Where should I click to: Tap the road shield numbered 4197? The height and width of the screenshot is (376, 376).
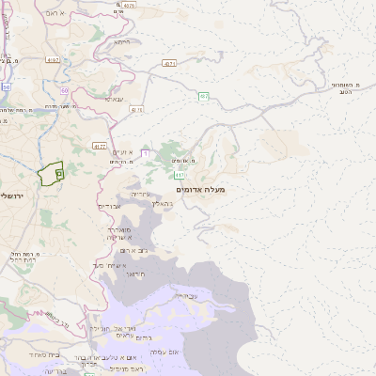[x=52, y=59]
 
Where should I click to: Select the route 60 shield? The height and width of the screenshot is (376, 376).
[x=65, y=91]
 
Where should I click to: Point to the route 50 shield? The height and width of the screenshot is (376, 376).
[x=6, y=86]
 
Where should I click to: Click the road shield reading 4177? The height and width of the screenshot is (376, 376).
[x=100, y=147]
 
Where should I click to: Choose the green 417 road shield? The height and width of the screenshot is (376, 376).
[x=179, y=175]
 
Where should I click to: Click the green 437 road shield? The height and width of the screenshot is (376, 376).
[x=203, y=96]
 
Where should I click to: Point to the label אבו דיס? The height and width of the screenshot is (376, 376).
[x=110, y=206]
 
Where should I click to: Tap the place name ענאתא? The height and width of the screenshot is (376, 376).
[x=114, y=99]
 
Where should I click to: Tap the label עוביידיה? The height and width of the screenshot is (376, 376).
[x=186, y=296]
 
